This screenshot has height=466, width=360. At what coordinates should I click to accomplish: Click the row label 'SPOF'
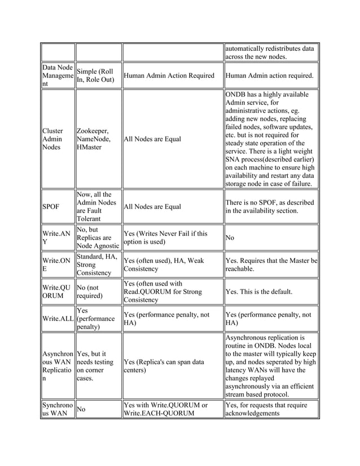[50, 206]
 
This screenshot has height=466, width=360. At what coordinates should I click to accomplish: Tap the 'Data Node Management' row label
[56, 76]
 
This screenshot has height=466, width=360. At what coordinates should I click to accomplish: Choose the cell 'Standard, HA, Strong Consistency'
[97, 265]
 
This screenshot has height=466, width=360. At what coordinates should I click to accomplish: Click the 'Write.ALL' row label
[56, 320]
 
